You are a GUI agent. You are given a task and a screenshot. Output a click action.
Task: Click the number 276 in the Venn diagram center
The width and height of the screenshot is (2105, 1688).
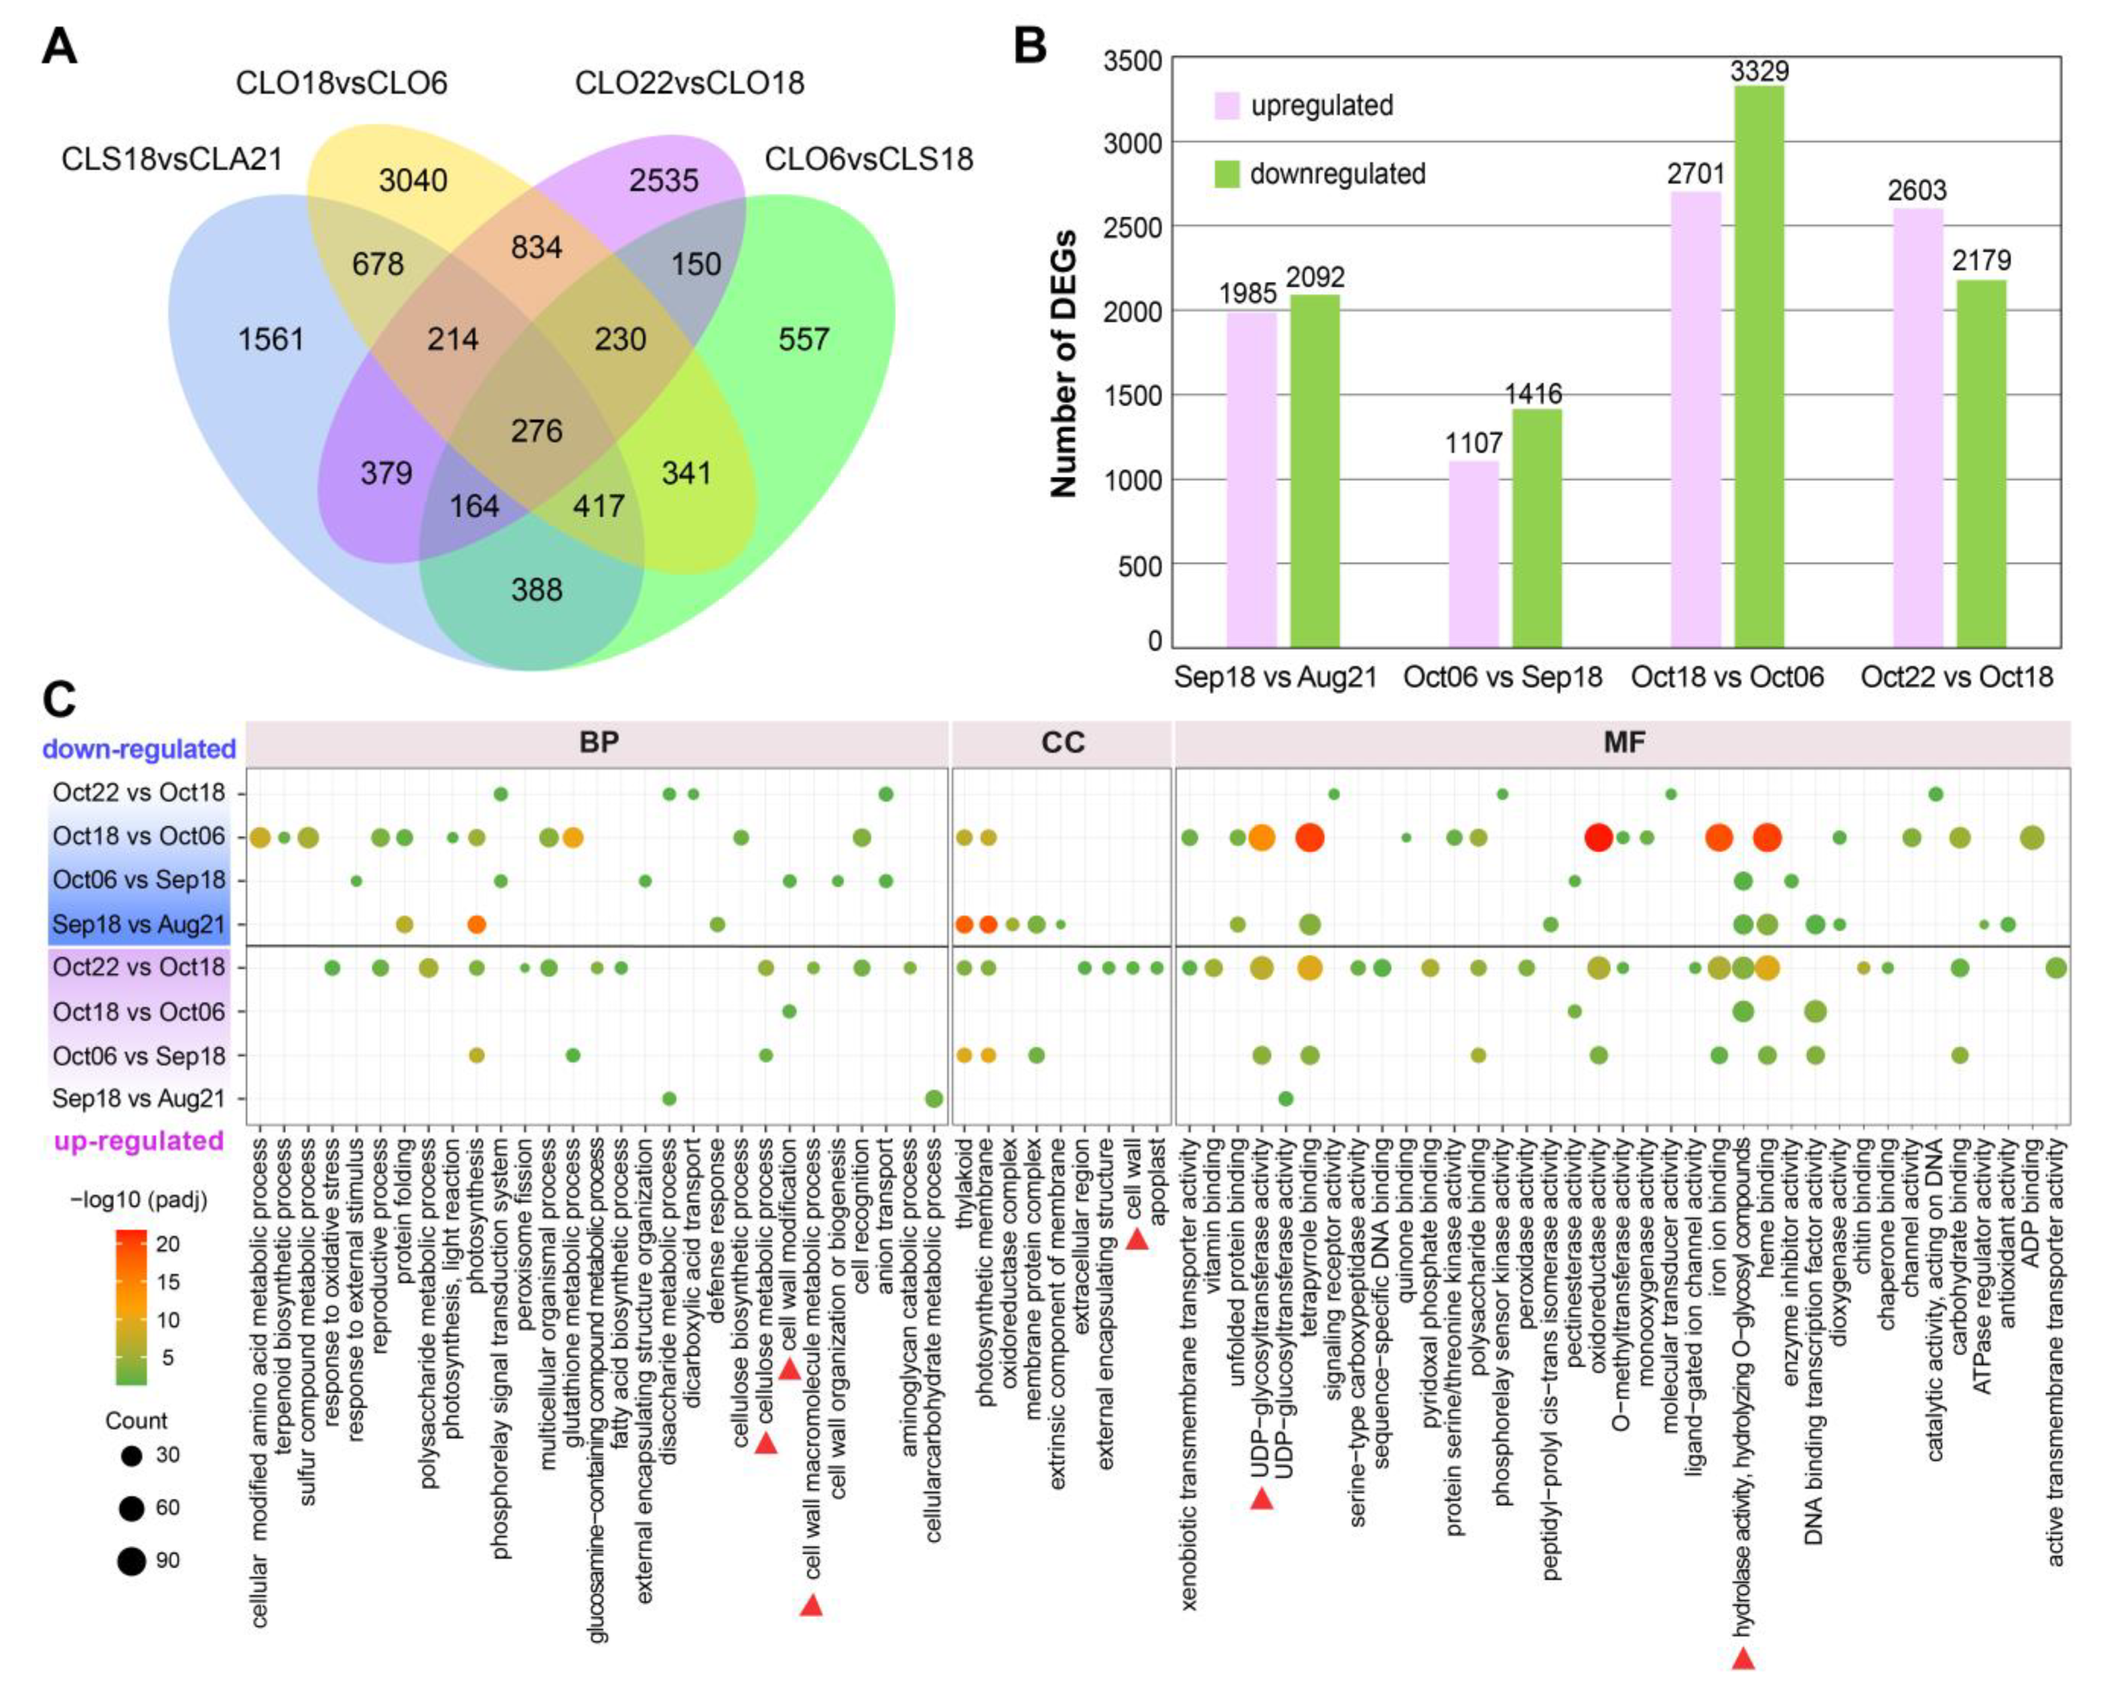point(536,431)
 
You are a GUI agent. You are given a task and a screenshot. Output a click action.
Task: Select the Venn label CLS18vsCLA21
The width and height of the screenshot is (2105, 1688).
point(172,159)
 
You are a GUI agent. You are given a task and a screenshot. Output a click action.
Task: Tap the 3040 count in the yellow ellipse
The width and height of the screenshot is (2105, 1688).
point(413,181)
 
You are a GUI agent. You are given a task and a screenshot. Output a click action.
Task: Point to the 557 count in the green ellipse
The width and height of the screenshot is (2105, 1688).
point(803,339)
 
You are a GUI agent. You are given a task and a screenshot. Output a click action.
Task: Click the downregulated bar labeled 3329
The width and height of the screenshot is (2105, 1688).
point(1759,366)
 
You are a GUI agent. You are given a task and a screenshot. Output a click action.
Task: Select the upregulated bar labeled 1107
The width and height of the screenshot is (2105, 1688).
point(1473,554)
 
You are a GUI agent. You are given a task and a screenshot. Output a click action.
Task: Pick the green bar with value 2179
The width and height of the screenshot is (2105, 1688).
point(1981,464)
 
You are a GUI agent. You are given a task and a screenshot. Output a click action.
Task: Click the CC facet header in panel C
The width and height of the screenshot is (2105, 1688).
point(1062,743)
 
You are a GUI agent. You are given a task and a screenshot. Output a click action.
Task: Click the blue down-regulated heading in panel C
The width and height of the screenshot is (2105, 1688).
point(139,749)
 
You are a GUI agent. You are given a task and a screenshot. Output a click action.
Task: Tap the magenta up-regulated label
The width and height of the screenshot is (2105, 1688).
point(139,1140)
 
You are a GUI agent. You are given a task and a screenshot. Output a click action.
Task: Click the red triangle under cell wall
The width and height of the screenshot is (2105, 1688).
point(1137,1239)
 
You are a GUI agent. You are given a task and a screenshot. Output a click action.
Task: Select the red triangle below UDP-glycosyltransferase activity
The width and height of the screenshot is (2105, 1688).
point(1261,1497)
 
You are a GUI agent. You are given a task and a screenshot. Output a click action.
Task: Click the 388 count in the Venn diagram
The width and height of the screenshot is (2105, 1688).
point(536,590)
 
